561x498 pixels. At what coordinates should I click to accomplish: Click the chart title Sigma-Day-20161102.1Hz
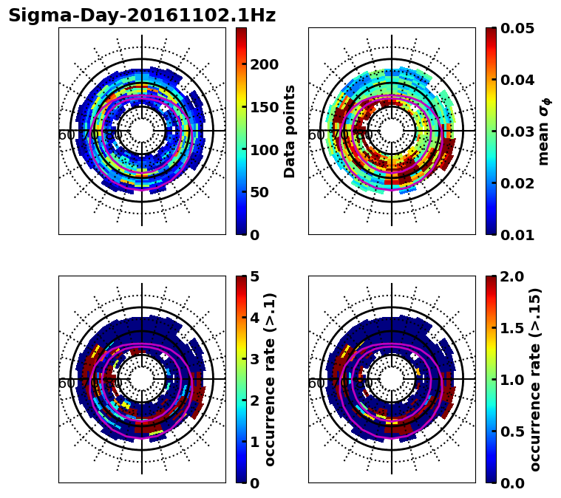142,16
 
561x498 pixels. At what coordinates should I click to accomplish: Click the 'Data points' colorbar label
290,131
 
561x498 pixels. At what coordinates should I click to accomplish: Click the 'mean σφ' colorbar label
544,131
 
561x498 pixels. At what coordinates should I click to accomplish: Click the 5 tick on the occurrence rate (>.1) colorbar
256,276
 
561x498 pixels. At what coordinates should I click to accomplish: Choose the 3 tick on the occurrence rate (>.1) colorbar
256,359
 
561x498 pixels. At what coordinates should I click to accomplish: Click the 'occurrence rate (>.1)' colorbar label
271,379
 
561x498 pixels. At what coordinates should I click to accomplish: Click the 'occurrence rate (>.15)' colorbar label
535,379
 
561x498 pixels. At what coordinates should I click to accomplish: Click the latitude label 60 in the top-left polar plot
66,135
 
